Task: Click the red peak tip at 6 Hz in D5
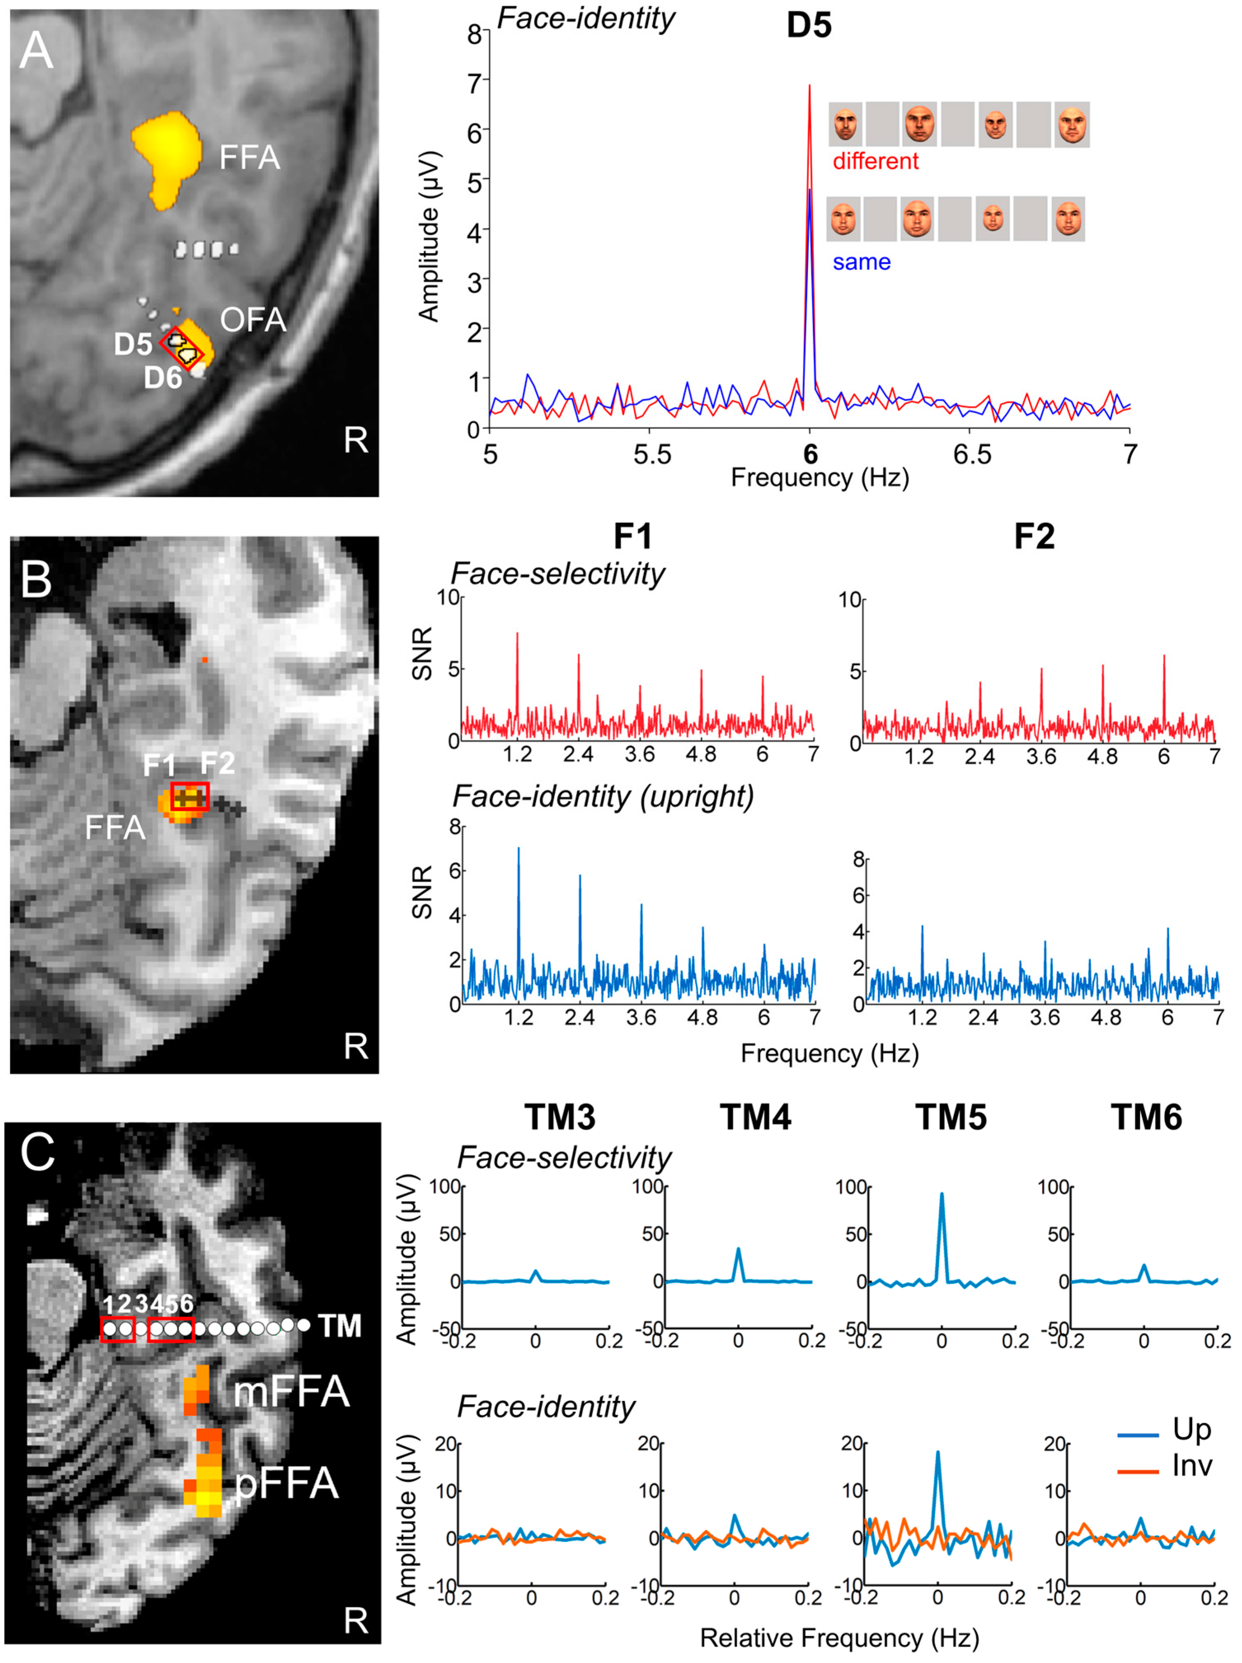(x=809, y=87)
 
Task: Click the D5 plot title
(x=809, y=26)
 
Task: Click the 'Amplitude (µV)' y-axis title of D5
(x=429, y=237)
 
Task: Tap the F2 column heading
(x=1034, y=537)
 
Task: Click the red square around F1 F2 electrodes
(x=190, y=796)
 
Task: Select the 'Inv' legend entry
(x=1192, y=1465)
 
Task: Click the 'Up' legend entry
(x=1192, y=1429)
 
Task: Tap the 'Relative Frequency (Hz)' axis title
(x=839, y=1637)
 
